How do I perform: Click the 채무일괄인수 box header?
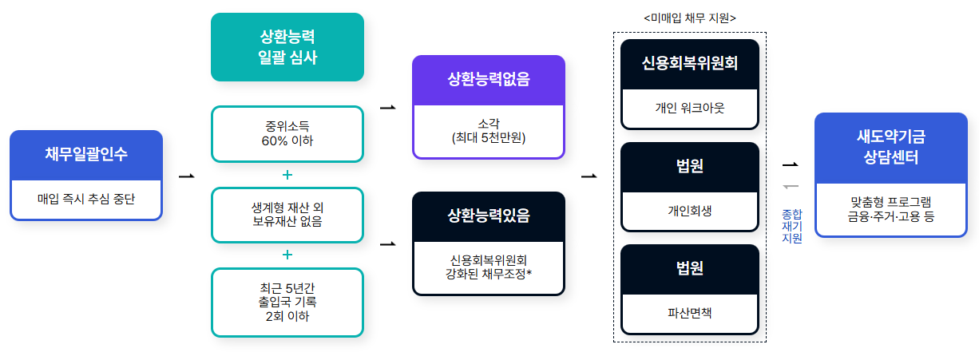point(86,155)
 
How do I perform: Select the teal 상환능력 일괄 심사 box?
point(287,46)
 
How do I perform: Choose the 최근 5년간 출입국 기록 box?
point(287,302)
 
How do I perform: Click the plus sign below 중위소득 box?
point(287,174)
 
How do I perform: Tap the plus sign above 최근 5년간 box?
point(287,255)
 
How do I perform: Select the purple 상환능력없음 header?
point(489,80)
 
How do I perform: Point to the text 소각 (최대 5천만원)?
point(489,132)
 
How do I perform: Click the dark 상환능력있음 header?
point(489,216)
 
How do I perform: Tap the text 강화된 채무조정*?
point(489,275)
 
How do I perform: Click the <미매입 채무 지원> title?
point(689,18)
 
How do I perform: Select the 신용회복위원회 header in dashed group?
point(689,63)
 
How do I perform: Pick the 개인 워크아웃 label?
point(689,107)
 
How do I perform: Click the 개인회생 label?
point(689,211)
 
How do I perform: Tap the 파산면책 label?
point(689,312)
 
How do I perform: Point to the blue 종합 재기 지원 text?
point(791,225)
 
